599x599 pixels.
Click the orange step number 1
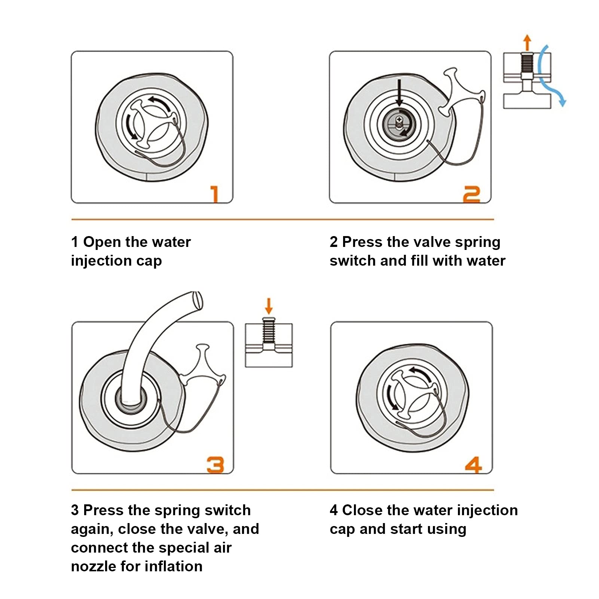tap(214, 194)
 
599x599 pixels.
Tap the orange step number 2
tap(471, 195)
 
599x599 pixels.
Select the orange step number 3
tap(216, 465)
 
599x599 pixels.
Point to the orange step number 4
tap(473, 465)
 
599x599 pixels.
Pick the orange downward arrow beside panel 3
tap(269, 306)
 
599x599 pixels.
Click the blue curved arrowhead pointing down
tap(562, 101)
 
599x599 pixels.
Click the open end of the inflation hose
tap(197, 300)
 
